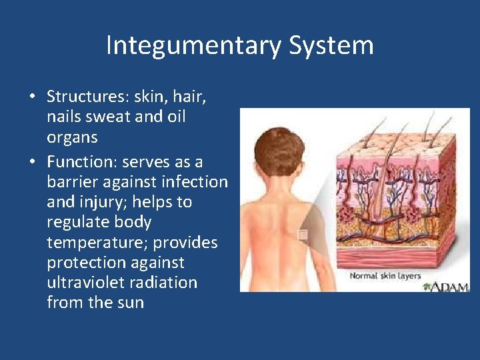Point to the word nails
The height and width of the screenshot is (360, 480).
[x=65, y=117]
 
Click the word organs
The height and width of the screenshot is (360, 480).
[x=72, y=138]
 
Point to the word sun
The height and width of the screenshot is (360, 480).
[x=129, y=302]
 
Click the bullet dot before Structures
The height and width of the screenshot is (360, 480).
[x=32, y=97]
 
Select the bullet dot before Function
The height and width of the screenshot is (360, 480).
[x=32, y=163]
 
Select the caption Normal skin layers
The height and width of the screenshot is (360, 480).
[x=385, y=275]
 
